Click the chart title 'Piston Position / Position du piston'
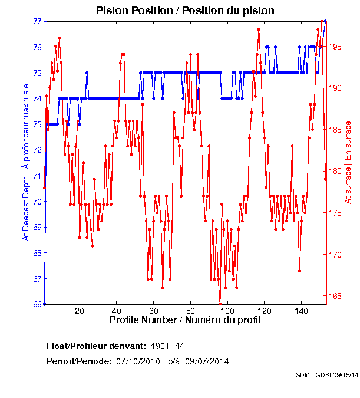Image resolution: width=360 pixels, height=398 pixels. (185, 11)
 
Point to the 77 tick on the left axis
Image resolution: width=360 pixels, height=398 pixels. (37, 21)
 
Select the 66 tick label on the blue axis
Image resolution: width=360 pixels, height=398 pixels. (37, 304)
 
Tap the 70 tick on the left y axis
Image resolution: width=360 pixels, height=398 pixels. (37, 201)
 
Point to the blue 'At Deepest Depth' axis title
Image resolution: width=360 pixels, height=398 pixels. (25, 162)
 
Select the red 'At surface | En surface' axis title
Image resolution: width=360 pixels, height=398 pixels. (348, 162)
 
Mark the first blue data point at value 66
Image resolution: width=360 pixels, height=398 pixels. (44, 304)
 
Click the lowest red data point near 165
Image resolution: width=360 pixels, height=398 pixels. (220, 304)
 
